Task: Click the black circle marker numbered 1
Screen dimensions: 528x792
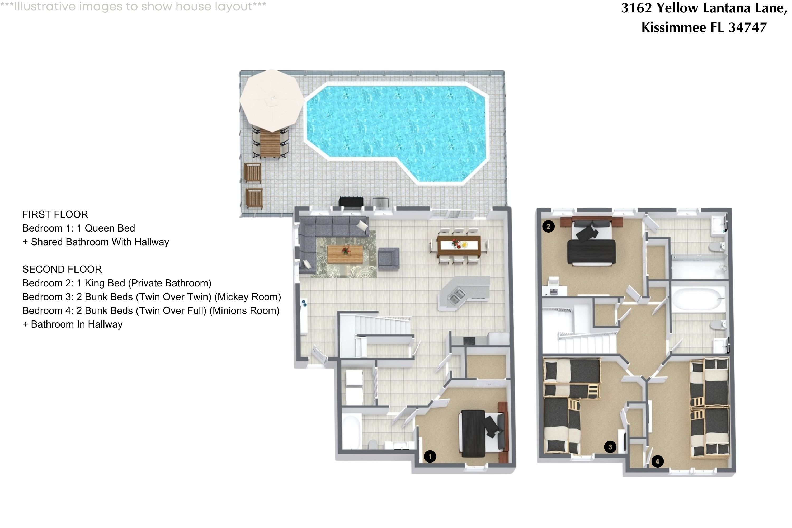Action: (430, 457)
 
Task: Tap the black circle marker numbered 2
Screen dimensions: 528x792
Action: (548, 227)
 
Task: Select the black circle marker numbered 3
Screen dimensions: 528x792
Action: (610, 447)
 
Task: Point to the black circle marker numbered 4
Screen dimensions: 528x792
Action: (657, 461)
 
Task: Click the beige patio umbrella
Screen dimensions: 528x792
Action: (271, 100)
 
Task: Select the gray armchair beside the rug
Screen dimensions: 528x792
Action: (389, 258)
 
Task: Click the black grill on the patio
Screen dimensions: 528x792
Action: (351, 203)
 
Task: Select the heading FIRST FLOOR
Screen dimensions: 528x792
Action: (55, 214)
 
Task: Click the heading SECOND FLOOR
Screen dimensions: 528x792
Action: (62, 269)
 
